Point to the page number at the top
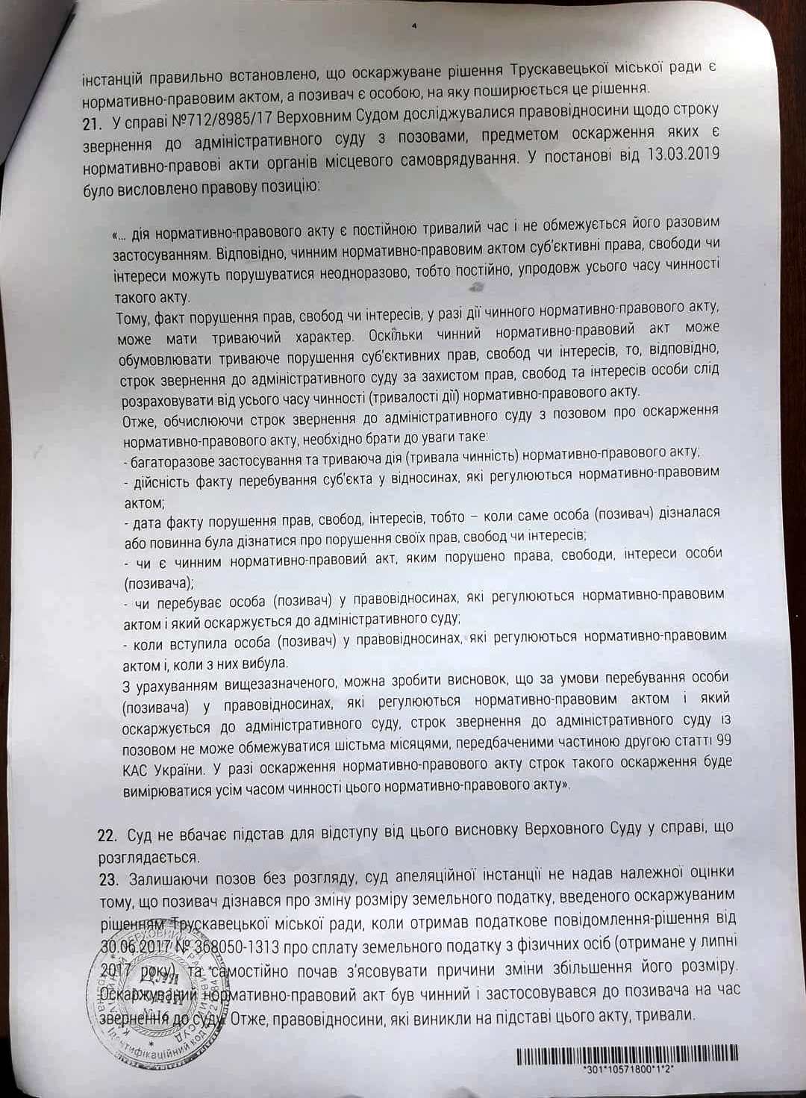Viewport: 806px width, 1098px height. click(x=413, y=25)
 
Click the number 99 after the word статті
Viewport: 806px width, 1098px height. click(x=722, y=743)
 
